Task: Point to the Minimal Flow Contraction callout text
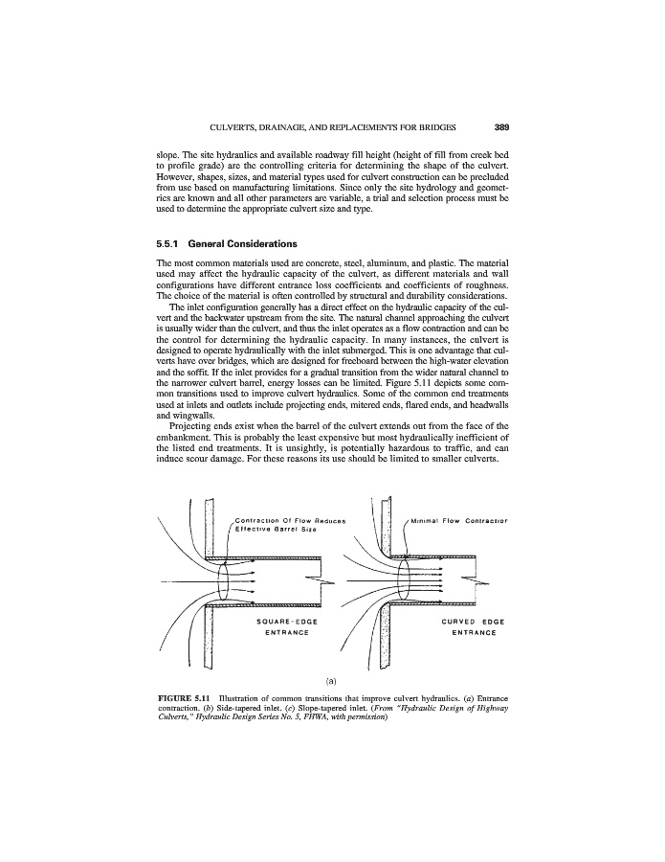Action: tap(463, 522)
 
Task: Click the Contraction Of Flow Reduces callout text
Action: tap(288, 522)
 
